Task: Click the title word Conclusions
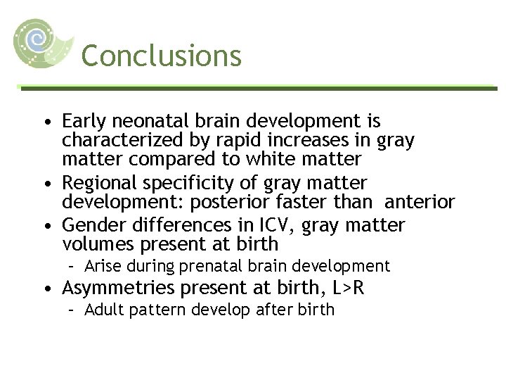click(161, 56)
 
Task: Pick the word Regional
click(98, 184)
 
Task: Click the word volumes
click(98, 244)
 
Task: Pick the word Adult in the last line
click(102, 310)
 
